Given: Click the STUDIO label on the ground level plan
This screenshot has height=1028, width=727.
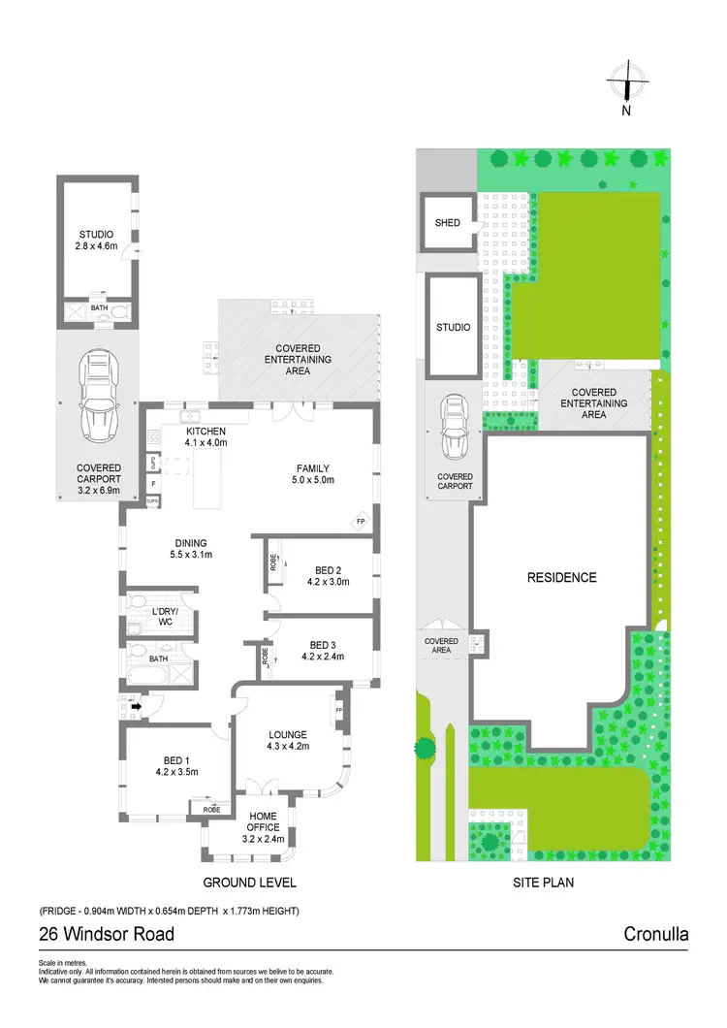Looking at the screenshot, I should click(x=96, y=235).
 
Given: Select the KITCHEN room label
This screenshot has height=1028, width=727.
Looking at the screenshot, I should click(x=205, y=432).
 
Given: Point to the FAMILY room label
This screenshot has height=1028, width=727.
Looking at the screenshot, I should click(x=312, y=467).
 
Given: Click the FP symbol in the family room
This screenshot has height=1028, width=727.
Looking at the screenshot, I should click(x=361, y=522).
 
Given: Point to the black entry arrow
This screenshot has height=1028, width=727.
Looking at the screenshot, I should click(x=138, y=707).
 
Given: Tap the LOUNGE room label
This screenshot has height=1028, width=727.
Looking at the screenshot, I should click(x=288, y=734).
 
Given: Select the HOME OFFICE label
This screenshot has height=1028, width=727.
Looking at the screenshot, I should click(x=263, y=820).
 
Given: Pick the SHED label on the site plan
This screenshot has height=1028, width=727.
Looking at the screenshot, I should click(x=447, y=223).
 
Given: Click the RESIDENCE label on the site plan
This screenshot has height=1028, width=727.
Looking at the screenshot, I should click(x=561, y=577).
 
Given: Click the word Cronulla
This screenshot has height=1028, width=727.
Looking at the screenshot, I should click(x=656, y=935).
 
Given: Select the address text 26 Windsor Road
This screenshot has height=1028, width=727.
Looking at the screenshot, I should click(x=107, y=935).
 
